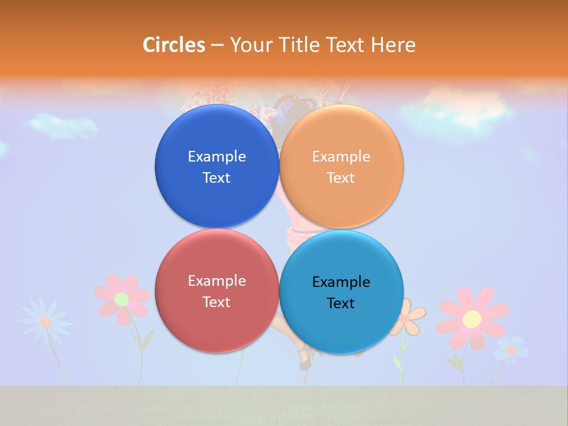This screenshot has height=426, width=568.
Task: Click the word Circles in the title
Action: pyautogui.click(x=174, y=45)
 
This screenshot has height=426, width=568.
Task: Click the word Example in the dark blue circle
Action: pyautogui.click(x=217, y=156)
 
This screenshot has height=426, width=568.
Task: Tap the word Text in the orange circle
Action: pyautogui.click(x=341, y=177)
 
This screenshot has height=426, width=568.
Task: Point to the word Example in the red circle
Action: pyautogui.click(x=217, y=280)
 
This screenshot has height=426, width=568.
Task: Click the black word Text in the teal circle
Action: pyautogui.click(x=341, y=303)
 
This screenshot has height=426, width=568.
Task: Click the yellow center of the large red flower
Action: pyautogui.click(x=472, y=319)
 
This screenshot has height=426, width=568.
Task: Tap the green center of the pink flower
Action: pyautogui.click(x=121, y=299)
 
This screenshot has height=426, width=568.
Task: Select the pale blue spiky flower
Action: pyautogui.click(x=45, y=321)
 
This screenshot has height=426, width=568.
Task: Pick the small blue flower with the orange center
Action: pyautogui.click(x=511, y=350)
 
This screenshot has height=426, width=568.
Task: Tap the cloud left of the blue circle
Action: pyautogui.click(x=62, y=125)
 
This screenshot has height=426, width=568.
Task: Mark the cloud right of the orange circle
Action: pyautogui.click(x=456, y=109)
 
